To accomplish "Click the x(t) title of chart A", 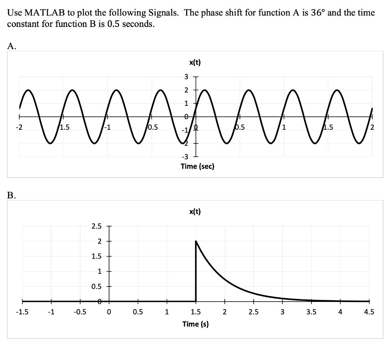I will [195, 63].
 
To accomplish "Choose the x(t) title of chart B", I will [195, 212].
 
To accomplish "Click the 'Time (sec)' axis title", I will [198, 166].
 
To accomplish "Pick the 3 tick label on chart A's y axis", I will [186, 77].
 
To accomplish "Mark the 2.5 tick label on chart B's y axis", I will [96, 226].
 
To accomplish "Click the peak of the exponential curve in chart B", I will [196, 241].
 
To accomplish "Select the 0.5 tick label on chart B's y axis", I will [96, 286].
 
